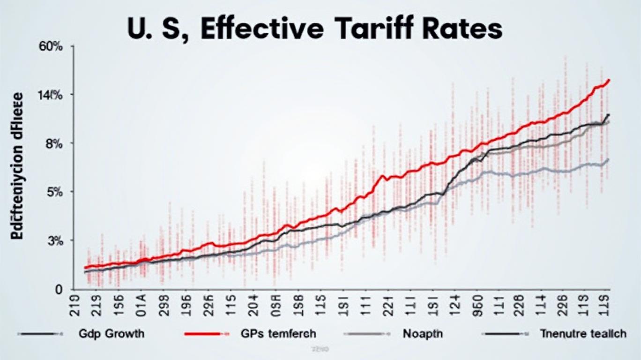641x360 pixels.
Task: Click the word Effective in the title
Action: point(259,29)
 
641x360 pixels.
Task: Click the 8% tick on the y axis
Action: point(54,143)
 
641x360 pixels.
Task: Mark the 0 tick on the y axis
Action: point(59,290)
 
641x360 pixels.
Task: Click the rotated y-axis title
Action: point(17,166)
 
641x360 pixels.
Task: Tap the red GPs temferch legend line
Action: point(203,334)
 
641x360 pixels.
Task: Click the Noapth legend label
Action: point(423,334)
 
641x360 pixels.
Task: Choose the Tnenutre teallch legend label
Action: point(582,334)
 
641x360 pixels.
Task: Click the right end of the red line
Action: point(609,80)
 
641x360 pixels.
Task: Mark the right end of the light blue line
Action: point(608,159)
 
